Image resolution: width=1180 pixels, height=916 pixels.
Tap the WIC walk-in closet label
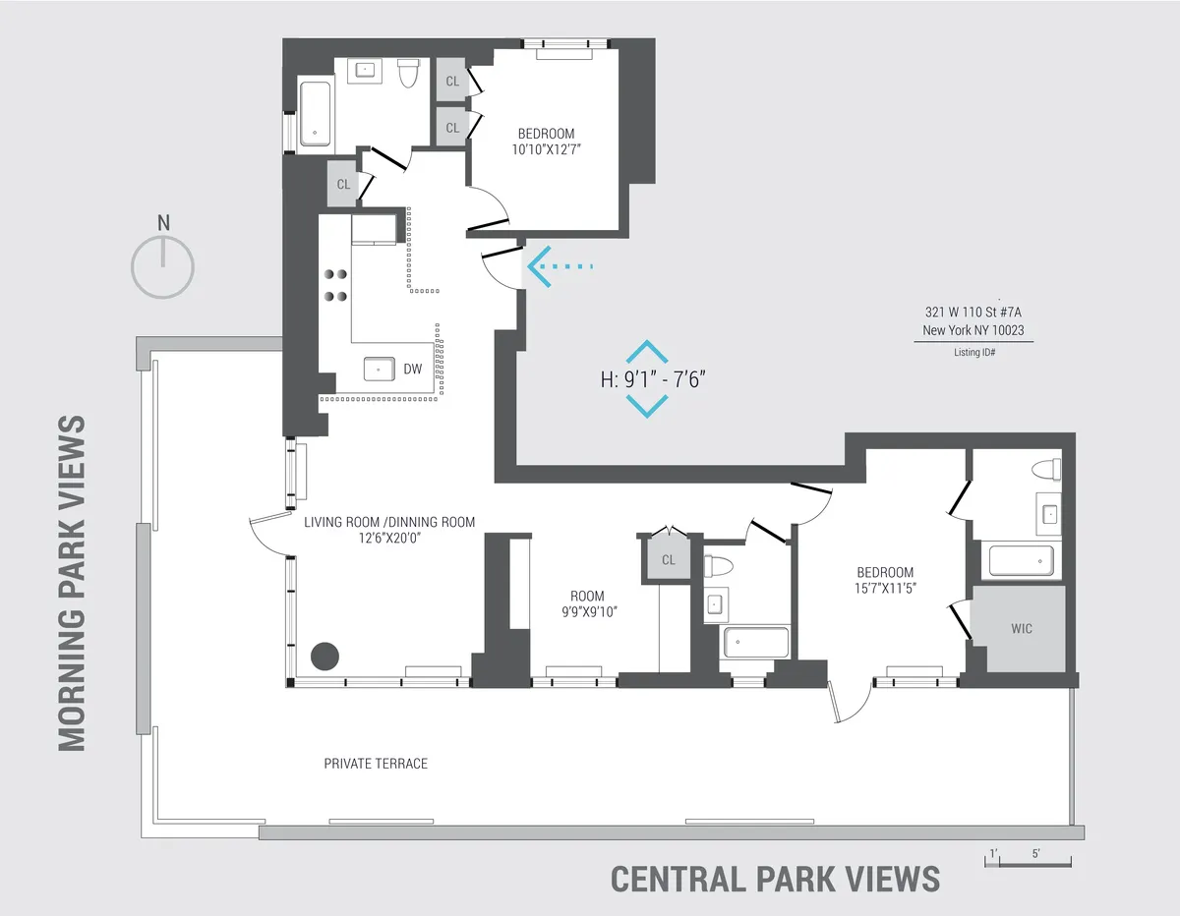pos(1022,629)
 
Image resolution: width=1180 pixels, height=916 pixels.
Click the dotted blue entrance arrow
pos(560,265)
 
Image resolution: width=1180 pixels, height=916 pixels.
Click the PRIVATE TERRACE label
pos(376,764)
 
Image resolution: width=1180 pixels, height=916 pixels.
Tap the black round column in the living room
pos(324,656)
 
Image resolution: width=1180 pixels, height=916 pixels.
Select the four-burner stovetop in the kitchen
pos(335,285)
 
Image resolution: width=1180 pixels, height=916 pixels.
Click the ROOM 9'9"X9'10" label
pos(587,603)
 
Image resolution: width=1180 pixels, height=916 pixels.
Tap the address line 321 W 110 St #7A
pos(973,313)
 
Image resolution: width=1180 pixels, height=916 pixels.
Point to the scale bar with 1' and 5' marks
pos(1028,861)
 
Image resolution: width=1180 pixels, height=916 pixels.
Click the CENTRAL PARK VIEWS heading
pos(775,878)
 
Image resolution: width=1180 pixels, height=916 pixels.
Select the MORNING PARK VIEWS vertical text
pos(72,583)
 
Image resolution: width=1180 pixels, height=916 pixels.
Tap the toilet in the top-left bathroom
pos(409,74)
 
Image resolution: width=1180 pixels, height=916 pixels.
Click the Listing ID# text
pos(973,352)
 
